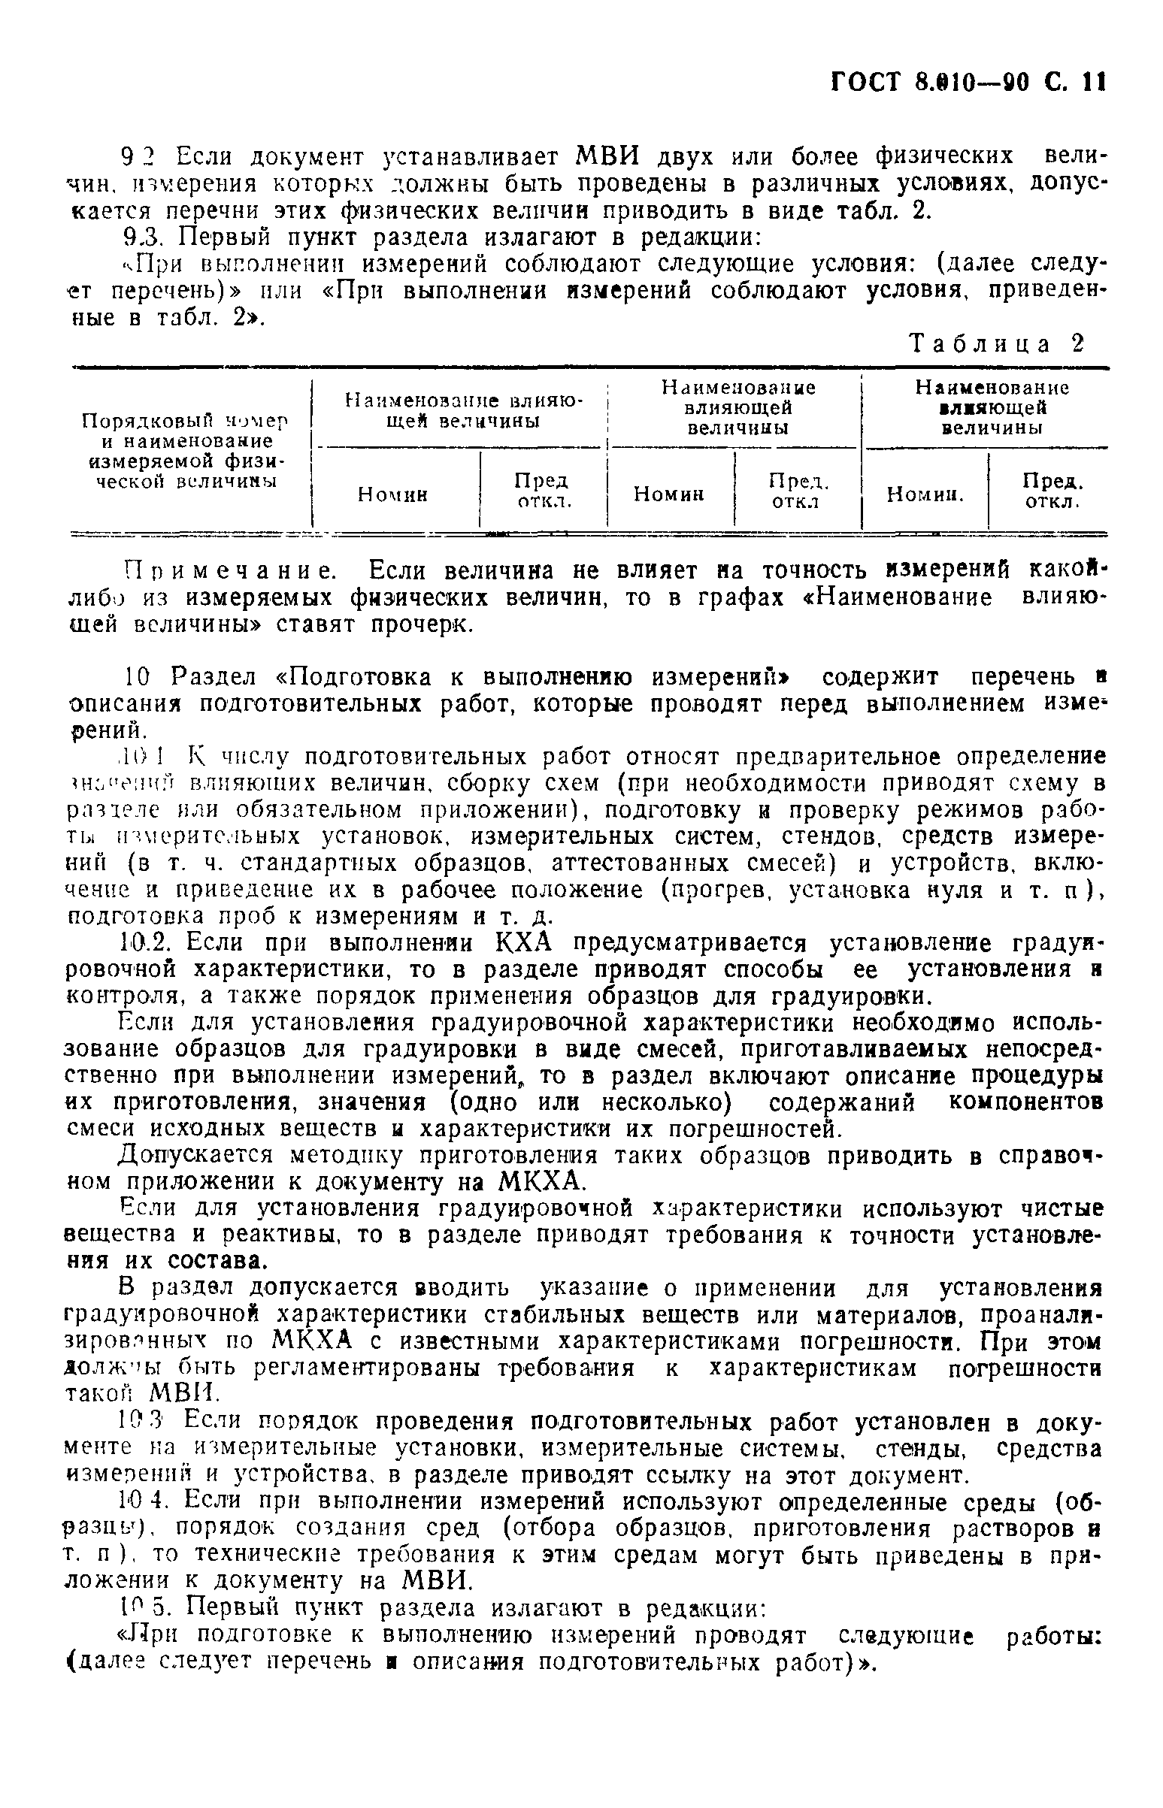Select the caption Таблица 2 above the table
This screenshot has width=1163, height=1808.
pos(997,344)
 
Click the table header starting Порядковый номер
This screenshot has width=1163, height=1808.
pos(186,450)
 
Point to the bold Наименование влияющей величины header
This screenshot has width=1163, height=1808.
pos(992,407)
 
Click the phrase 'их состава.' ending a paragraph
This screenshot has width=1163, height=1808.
pos(176,1261)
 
